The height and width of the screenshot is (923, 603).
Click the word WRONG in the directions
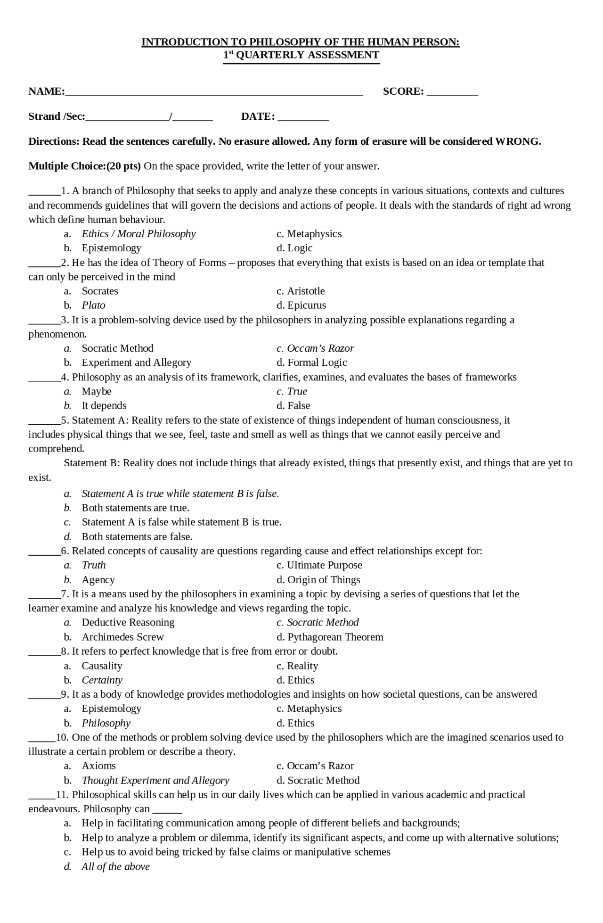click(x=517, y=141)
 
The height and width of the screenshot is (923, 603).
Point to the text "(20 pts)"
click(x=124, y=166)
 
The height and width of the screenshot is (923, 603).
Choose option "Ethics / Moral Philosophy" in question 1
click(x=139, y=234)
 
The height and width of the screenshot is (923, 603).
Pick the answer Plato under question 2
click(x=93, y=305)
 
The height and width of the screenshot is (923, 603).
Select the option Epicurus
click(x=307, y=305)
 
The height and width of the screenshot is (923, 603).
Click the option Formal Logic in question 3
click(x=317, y=363)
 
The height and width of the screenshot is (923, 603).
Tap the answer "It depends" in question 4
click(x=104, y=406)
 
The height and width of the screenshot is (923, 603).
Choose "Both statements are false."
click(x=137, y=537)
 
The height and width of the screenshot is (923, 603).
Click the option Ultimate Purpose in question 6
click(x=325, y=565)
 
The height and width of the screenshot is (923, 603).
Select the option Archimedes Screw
click(x=122, y=637)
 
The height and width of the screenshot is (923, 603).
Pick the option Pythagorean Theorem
click(x=335, y=637)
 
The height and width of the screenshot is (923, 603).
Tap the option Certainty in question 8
click(x=102, y=680)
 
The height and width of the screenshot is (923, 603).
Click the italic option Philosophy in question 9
click(x=106, y=723)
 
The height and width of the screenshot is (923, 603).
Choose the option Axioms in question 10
click(x=98, y=766)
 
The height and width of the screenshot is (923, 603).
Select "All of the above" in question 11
click(x=115, y=866)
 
